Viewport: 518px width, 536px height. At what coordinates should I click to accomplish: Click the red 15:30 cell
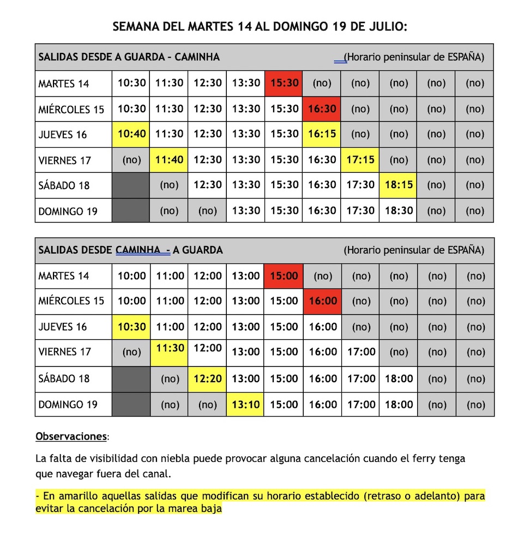click(x=284, y=83)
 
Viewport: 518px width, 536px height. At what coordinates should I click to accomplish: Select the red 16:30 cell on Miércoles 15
click(x=322, y=109)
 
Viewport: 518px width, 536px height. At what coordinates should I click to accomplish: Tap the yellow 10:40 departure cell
click(x=131, y=134)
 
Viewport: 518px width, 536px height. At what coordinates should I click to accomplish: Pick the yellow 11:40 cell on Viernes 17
click(x=169, y=160)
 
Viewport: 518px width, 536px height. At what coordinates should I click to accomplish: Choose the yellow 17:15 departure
click(x=360, y=160)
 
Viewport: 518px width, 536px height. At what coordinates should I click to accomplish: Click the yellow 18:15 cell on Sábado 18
click(x=399, y=185)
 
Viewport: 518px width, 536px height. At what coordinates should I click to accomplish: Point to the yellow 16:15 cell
click(x=322, y=134)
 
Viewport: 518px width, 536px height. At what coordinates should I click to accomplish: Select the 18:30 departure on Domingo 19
click(x=399, y=211)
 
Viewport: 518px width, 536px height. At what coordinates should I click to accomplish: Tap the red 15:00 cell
click(x=284, y=276)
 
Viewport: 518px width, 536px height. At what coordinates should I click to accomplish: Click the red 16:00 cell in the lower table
click(x=322, y=301)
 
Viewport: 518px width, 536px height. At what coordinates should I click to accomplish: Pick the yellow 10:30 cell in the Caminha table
click(x=131, y=327)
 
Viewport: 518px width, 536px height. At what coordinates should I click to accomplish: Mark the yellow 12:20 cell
click(x=208, y=378)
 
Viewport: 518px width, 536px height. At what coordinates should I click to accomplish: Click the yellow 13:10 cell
click(x=245, y=405)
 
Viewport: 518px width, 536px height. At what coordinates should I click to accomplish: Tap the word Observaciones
click(x=71, y=437)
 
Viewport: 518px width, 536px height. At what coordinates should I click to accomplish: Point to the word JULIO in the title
click(x=385, y=26)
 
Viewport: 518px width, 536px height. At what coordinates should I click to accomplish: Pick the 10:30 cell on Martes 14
click(x=131, y=83)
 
